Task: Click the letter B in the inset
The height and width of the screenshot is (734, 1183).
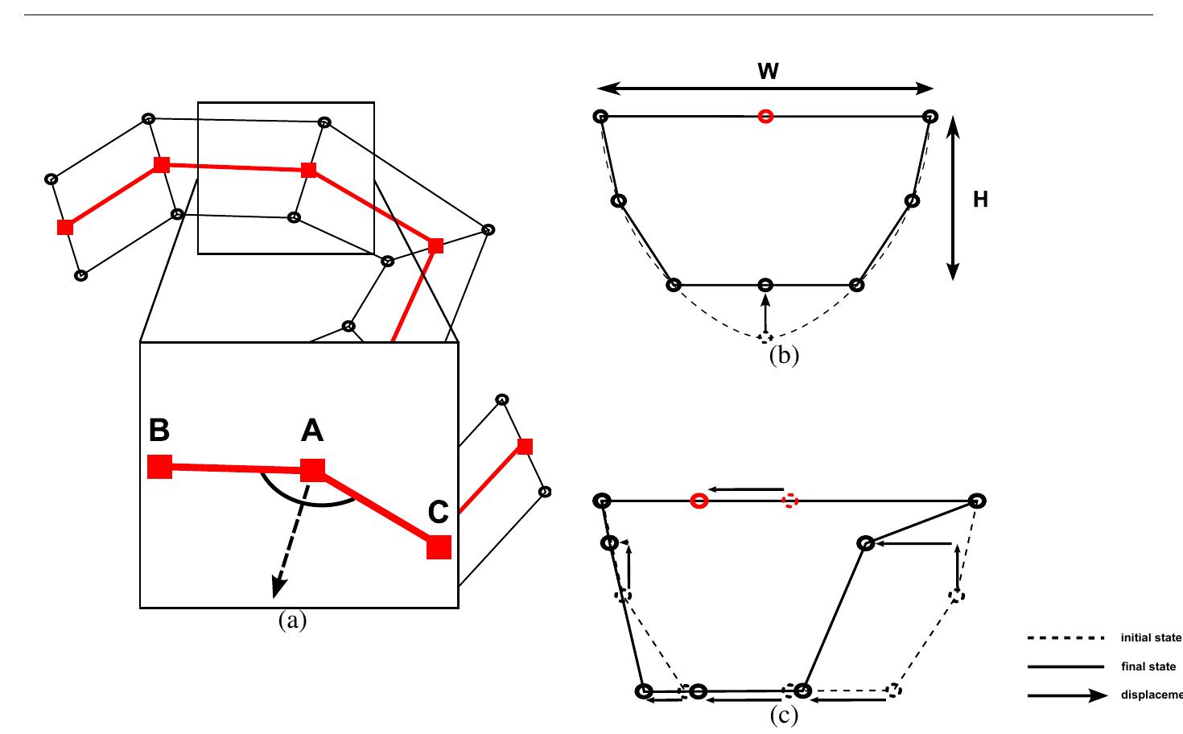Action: coord(159,431)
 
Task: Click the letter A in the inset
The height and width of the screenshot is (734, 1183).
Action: coord(312,432)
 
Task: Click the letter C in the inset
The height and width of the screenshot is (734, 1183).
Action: coord(438,512)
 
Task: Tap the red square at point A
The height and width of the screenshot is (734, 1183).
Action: coord(312,470)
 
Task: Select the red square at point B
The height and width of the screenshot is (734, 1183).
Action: coord(160,467)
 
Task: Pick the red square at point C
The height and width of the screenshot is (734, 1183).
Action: coord(439,546)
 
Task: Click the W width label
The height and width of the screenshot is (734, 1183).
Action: coord(768,72)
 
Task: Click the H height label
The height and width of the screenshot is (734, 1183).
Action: coord(980,200)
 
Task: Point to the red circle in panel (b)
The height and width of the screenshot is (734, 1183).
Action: coord(765,117)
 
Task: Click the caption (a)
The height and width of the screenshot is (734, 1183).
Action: coord(292,621)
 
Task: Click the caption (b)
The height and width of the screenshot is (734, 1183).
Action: coord(784,356)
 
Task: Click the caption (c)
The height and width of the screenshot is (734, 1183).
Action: coord(784,715)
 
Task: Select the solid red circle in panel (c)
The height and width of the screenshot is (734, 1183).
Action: coord(699,501)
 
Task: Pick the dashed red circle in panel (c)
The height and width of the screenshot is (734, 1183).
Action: coord(789,501)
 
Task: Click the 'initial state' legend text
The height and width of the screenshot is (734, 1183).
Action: coord(1151,638)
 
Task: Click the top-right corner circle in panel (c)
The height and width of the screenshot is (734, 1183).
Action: coord(977,501)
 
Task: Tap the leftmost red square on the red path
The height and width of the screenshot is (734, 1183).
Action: coord(65,227)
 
